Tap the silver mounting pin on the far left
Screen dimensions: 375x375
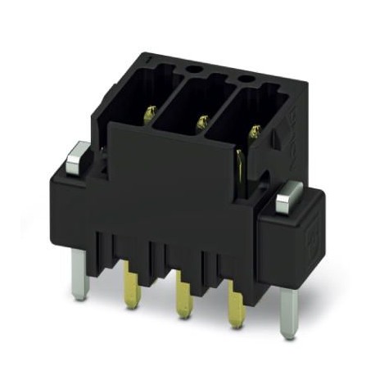pyautogui.click(x=79, y=274)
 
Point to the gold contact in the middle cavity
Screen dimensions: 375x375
pyautogui.click(x=201, y=123)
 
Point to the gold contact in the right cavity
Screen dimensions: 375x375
pyautogui.click(x=255, y=131)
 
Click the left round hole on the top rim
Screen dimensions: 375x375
pyautogui.click(x=196, y=69)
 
